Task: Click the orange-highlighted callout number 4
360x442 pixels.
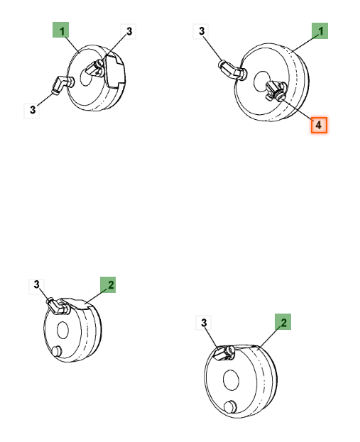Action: tap(319, 125)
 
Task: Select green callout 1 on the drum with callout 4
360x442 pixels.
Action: tap(320, 31)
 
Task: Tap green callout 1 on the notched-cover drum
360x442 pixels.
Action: tap(60, 30)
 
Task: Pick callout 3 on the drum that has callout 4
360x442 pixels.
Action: tap(201, 31)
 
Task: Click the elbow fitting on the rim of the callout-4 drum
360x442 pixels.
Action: tap(233, 70)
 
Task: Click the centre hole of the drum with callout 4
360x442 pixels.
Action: tap(263, 82)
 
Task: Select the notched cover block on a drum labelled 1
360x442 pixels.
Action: tap(115, 71)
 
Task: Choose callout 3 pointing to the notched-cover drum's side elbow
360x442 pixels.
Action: tap(32, 111)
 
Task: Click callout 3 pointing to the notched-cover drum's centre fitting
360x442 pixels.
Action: tap(129, 31)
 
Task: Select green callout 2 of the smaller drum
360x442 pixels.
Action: tap(108, 284)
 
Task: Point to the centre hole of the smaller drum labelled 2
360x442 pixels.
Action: tap(62, 330)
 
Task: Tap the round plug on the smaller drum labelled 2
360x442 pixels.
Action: tap(57, 351)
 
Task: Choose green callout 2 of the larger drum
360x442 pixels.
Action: tap(283, 322)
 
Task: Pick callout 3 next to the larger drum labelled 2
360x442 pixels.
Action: tap(204, 323)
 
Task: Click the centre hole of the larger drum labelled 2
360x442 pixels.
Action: tap(231, 380)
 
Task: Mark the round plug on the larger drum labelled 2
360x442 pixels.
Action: tap(231, 407)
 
